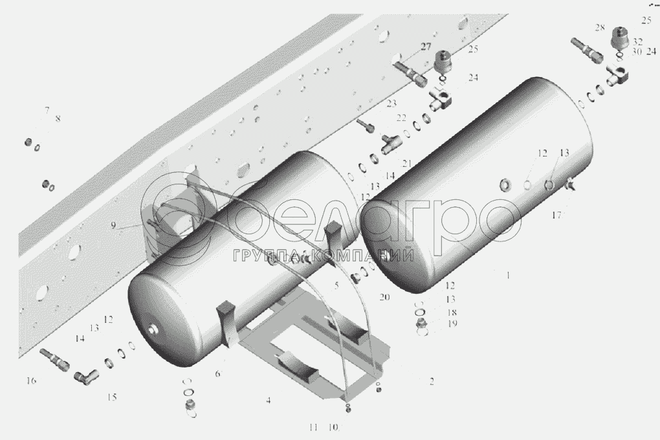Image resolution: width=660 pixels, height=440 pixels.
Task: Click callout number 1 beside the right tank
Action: coord(509,275)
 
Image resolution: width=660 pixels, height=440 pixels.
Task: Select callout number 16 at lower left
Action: coord(31,380)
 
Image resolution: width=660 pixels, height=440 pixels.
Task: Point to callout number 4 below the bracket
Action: coord(267,401)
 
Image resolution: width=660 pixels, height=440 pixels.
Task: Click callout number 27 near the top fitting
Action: coord(424,46)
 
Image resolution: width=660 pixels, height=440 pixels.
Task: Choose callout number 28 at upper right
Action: coord(599,28)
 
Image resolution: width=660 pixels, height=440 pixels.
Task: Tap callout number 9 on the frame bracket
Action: coord(113,225)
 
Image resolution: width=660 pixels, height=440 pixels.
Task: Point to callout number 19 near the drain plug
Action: coord(452,324)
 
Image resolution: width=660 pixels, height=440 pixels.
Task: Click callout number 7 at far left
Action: coord(47,111)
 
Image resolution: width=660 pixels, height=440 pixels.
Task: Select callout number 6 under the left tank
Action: coord(217,373)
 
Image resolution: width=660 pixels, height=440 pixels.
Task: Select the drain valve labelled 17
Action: coord(571,186)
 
